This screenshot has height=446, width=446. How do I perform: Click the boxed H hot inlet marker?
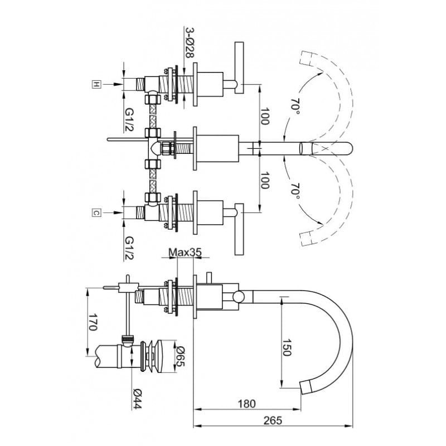(96, 84)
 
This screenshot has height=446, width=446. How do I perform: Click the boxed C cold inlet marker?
(96, 212)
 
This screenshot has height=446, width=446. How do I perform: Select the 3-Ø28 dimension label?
(190, 43)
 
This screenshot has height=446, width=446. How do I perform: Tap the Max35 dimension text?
(185, 252)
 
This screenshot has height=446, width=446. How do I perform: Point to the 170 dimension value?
(93, 322)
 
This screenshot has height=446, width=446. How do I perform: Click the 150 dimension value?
(287, 347)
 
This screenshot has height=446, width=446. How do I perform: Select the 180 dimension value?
(246, 404)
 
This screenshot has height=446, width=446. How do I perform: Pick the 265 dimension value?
(273, 420)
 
